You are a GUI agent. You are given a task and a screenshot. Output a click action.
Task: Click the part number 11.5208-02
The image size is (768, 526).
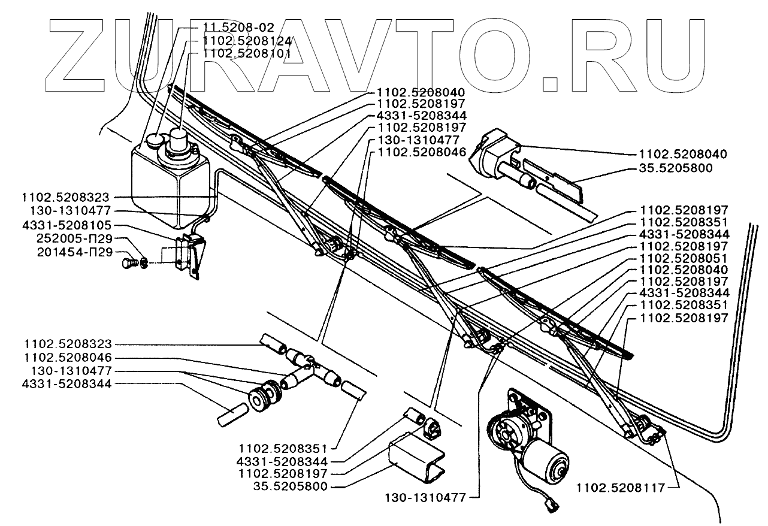[x=238, y=27]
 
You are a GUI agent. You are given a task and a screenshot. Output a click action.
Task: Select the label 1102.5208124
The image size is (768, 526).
[x=247, y=41]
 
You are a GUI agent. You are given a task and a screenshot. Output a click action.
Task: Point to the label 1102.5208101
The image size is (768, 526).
[x=247, y=54]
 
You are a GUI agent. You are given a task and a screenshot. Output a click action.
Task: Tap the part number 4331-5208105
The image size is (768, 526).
[x=67, y=225]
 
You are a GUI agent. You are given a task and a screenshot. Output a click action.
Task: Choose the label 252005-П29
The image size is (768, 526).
[x=75, y=238]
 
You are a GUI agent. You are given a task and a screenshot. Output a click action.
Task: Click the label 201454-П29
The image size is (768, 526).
[x=75, y=252]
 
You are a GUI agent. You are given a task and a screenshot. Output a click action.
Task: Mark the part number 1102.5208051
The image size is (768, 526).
[x=684, y=258]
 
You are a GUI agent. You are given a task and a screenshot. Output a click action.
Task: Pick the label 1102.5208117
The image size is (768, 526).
[x=621, y=488]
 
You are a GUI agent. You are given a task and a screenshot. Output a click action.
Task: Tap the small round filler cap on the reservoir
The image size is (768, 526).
[x=155, y=140]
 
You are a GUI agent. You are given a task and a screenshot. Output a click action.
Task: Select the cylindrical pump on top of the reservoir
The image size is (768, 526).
[x=180, y=143]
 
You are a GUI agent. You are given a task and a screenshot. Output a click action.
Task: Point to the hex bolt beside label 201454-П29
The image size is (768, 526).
[x=129, y=264]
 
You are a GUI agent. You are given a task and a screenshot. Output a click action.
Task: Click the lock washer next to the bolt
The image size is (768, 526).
[x=144, y=264]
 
